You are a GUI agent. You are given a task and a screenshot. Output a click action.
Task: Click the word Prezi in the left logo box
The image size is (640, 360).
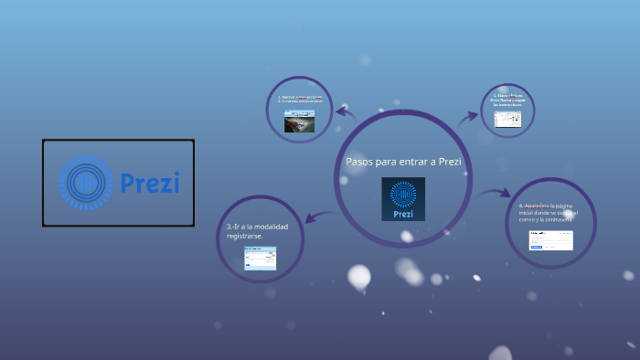[150, 183]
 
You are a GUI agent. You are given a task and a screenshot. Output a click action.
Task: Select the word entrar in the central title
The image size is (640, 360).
[413, 162]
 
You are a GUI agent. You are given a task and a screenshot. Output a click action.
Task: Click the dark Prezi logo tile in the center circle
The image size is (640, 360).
[403, 199]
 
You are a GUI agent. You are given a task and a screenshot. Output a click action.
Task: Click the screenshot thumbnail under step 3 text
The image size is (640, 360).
[260, 258]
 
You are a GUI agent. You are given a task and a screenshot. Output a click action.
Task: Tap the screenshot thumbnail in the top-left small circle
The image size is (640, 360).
[299, 122]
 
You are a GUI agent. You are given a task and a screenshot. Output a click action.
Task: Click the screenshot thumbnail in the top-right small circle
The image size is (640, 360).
[507, 119]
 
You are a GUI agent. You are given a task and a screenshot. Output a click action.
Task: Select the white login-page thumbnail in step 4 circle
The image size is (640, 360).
[550, 239]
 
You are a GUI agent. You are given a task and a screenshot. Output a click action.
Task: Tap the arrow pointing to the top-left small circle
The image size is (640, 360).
[345, 112]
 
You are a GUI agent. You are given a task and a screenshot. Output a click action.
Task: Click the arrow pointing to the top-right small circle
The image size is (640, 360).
[468, 116]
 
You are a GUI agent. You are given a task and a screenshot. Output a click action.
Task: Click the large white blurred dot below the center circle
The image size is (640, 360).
[359, 275]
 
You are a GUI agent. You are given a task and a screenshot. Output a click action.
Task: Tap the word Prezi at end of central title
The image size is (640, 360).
[449, 162]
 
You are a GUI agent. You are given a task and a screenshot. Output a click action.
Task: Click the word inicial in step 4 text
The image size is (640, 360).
[528, 213]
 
